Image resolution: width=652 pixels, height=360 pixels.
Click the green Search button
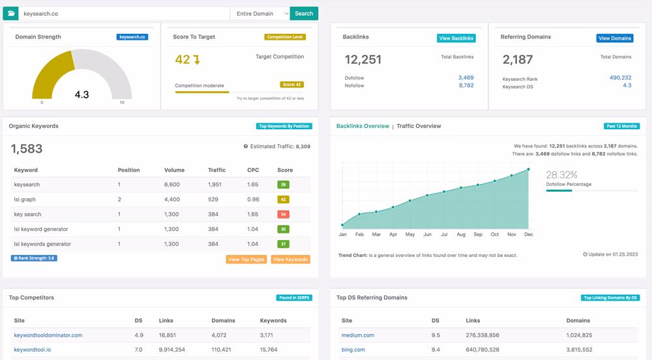(x=304, y=13)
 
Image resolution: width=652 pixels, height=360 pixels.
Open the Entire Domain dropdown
(x=260, y=13)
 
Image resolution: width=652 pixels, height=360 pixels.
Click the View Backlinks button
(x=456, y=38)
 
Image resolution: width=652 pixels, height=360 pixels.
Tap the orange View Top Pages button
(x=246, y=260)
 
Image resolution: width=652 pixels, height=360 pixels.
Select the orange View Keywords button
(x=290, y=260)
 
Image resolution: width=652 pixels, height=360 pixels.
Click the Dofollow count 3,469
(x=466, y=78)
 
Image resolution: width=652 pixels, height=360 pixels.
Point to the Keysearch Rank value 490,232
(x=620, y=78)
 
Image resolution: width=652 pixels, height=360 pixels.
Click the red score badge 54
(x=283, y=214)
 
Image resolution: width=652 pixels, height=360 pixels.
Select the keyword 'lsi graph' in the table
(x=25, y=200)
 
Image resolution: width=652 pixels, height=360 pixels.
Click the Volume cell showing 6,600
(x=172, y=185)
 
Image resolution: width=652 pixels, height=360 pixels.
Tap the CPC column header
(x=253, y=170)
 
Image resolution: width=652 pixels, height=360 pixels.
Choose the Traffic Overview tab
(x=419, y=126)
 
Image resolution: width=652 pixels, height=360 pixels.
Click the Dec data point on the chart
(x=528, y=170)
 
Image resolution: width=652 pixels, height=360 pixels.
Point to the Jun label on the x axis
(x=427, y=234)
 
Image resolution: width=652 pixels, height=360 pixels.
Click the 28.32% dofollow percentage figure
(x=561, y=175)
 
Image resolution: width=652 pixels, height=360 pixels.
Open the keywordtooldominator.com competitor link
(x=48, y=335)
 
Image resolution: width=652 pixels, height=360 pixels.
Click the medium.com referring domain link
(x=357, y=335)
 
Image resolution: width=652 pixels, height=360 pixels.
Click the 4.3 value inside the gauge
(x=81, y=95)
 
